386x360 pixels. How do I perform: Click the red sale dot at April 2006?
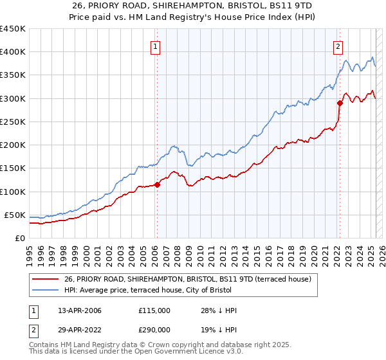click(157, 184)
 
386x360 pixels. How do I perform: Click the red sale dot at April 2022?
click(339, 103)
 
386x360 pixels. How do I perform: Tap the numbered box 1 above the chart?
click(156, 46)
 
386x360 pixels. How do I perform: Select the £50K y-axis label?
click(15, 215)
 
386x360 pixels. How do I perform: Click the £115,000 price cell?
click(154, 310)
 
